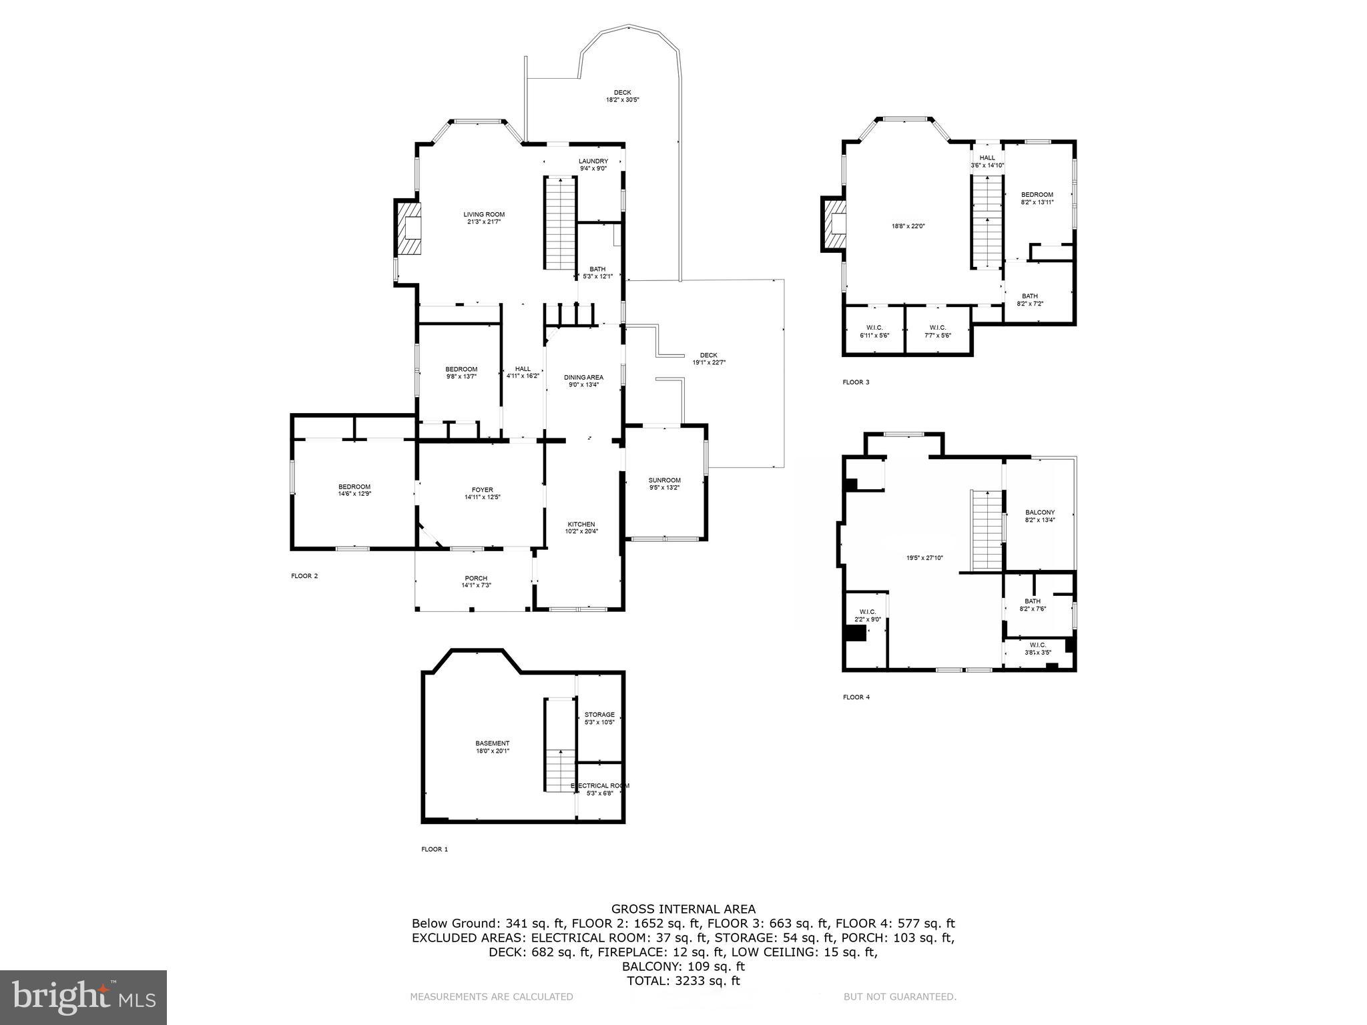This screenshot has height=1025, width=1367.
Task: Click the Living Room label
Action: [484, 214]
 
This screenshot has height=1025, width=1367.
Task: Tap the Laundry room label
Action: [593, 161]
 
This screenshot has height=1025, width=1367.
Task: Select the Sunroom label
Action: [664, 480]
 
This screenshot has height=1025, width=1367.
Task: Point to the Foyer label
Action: [482, 490]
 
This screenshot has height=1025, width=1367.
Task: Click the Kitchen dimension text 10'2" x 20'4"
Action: [581, 532]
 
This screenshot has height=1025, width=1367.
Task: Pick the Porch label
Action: [476, 579]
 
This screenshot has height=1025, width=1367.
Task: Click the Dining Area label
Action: [583, 377]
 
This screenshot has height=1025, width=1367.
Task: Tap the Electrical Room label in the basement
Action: [600, 785]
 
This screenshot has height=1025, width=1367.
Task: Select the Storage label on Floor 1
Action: [599, 715]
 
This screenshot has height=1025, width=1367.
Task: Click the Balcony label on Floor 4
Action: [1040, 512]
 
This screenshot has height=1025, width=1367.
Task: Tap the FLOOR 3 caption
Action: [856, 382]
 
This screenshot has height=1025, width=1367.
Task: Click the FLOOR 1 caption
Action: [435, 849]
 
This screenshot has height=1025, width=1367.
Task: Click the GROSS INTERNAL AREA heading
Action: [683, 908]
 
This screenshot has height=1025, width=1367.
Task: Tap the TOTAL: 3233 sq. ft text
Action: [683, 980]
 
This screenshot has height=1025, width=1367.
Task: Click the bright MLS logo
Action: [83, 997]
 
